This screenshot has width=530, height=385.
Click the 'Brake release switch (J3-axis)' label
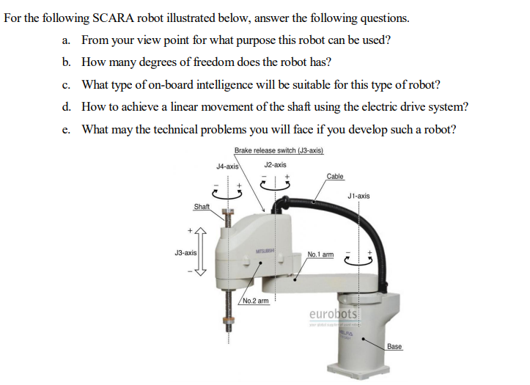coord(279,150)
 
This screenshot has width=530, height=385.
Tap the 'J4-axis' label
coord(227,166)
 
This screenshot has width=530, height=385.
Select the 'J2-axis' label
coord(275,165)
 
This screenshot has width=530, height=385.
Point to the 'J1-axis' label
coord(359,196)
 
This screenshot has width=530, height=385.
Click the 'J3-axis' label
coord(185,252)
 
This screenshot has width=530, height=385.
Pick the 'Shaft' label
coord(202,208)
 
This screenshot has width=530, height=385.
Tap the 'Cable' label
coord(335,177)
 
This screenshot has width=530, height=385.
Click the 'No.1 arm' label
coord(320,254)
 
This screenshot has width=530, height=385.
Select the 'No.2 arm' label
coord(255,300)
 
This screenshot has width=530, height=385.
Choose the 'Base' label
coord(394,345)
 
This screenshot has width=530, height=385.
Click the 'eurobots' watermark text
coord(333,314)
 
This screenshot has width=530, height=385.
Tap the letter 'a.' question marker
coord(67,40)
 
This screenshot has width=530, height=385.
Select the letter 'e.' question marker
coord(67,130)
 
